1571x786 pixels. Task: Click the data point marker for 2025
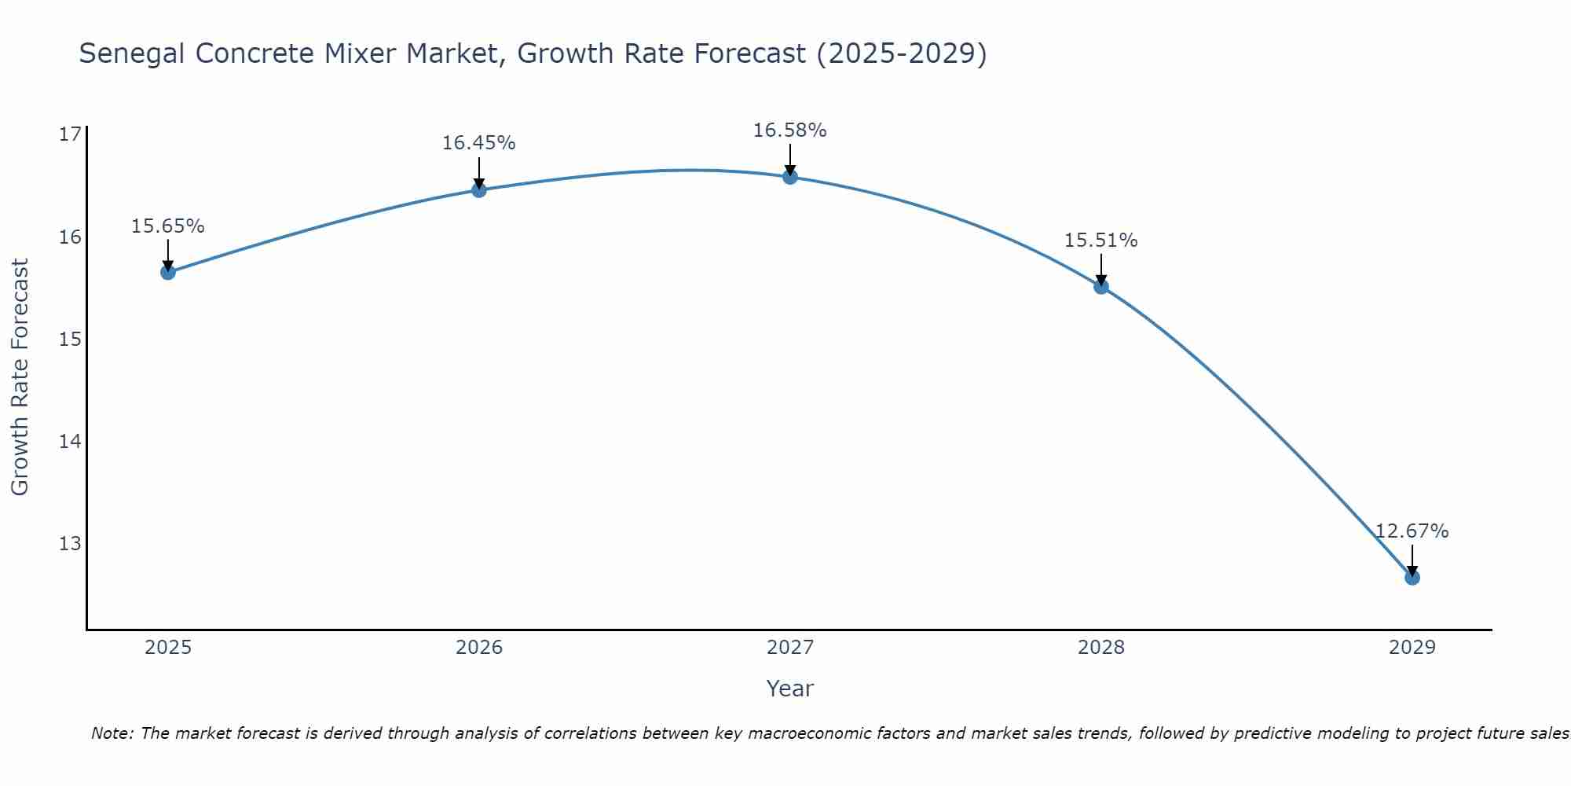coord(167,272)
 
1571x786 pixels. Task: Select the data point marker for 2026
coord(478,189)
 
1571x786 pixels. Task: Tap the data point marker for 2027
coord(789,177)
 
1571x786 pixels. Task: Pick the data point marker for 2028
coord(1100,286)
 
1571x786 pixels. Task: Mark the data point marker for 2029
coord(1412,578)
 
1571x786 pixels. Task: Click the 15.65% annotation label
coord(167,226)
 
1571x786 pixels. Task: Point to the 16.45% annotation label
coord(478,143)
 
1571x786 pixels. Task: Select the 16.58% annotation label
coord(789,130)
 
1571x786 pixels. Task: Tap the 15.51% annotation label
coord(1100,241)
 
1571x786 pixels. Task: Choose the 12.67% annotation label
coord(1412,531)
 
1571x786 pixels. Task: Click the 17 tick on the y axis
coord(70,134)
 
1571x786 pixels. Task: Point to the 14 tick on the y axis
coord(70,441)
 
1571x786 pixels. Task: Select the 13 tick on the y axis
coord(70,543)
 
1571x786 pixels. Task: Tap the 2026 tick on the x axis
coord(478,648)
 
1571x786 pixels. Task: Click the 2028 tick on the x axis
coord(1100,648)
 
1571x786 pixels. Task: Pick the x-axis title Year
coord(789,689)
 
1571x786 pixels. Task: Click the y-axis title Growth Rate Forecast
coord(20,377)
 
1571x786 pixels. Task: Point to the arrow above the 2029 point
coord(1412,560)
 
